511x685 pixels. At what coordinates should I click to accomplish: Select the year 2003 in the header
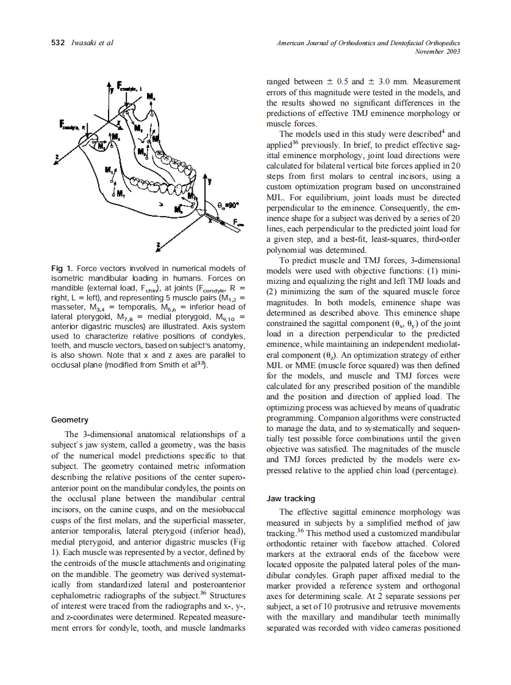[452, 51]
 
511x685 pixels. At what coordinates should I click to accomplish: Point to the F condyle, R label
[71, 125]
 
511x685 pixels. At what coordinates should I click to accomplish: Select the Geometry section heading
[70, 420]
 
